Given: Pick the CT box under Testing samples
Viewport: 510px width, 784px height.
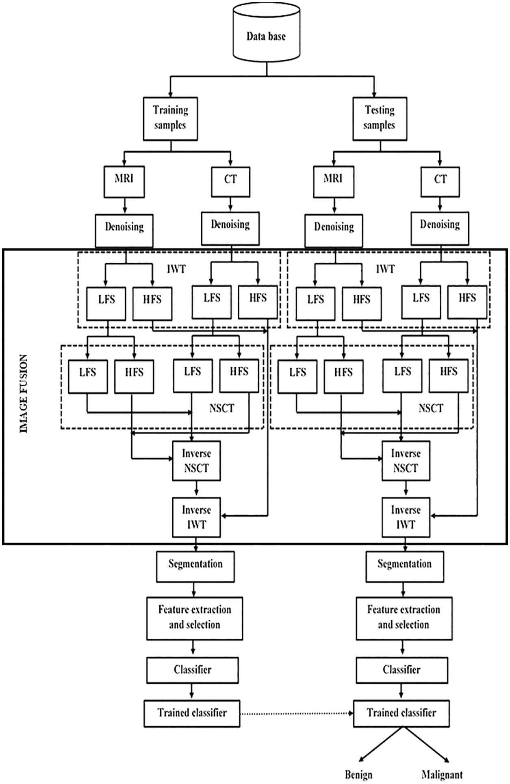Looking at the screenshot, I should [441, 181].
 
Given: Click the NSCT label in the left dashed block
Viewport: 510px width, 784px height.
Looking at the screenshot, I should [222, 408].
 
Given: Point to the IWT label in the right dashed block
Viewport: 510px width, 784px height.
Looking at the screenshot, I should [385, 269].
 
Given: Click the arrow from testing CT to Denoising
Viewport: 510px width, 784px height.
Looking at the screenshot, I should [440, 204].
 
